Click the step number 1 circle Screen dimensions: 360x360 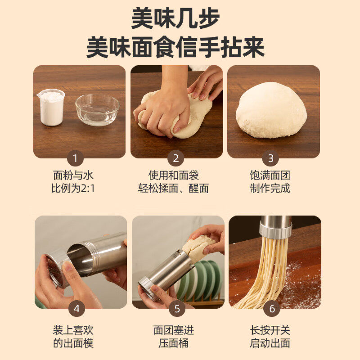tap(75, 158)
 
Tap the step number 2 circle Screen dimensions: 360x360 tap(175, 158)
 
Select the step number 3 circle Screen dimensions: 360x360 tap(270, 158)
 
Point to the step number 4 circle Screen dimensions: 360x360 tap(76, 308)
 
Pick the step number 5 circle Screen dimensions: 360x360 tap(177, 308)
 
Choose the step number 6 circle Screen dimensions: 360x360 tap(272, 308)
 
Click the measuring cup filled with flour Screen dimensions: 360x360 tap(51, 107)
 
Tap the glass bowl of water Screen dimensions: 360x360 tap(97, 110)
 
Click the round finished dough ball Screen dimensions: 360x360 tap(271, 110)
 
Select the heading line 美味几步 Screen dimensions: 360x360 tap(175, 18)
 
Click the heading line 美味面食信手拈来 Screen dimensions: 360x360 tap(175, 47)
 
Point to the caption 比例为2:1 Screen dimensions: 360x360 tap(73, 189)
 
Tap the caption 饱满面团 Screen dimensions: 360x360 tap(270, 175)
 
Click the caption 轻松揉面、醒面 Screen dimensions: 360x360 tap(173, 189)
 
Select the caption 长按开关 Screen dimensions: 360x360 tap(270, 330)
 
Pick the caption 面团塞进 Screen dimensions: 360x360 tap(174, 330)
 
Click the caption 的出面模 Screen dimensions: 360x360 tap(73, 343)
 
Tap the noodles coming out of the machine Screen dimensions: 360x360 tap(269, 273)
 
